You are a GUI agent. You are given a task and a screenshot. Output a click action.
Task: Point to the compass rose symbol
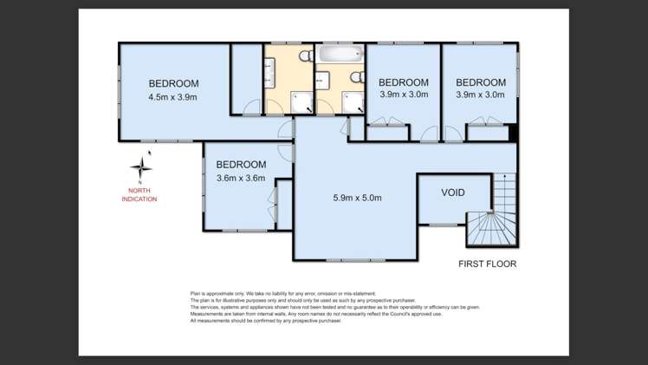[x=141, y=167]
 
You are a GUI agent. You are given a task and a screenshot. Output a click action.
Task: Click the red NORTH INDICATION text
[x=139, y=195]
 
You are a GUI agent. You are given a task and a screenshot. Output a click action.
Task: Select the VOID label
[x=453, y=192]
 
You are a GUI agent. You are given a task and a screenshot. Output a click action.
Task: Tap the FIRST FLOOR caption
[x=488, y=264]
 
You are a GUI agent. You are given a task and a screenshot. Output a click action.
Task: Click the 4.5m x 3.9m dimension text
[x=172, y=97]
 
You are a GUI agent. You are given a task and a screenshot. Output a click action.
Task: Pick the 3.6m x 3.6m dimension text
[x=240, y=179]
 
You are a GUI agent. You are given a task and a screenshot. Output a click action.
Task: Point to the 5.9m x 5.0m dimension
[x=357, y=198]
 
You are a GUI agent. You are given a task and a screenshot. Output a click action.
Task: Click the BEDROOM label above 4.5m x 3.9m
[x=173, y=83]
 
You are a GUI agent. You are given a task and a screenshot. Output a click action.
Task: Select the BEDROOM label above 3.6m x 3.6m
[x=241, y=165]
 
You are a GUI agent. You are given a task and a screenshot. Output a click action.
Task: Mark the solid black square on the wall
[x=514, y=134]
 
